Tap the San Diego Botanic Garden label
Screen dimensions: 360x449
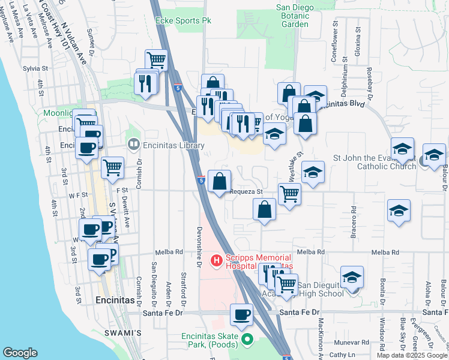[x=300, y=16]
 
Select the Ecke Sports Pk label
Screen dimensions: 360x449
[x=183, y=20]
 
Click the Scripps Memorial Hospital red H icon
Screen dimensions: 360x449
[x=216, y=260]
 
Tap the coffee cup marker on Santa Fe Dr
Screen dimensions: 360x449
[x=243, y=315]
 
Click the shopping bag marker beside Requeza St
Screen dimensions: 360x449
[x=220, y=181]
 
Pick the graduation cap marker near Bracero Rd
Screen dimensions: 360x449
[x=399, y=212]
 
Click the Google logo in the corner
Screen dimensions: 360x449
[x=20, y=353]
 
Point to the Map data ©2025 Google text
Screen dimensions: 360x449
[x=412, y=355]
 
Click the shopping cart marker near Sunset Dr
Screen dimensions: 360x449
[x=155, y=60]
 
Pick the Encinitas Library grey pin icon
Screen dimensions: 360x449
[x=133, y=145]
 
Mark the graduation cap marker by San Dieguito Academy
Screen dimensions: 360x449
[x=352, y=277]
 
